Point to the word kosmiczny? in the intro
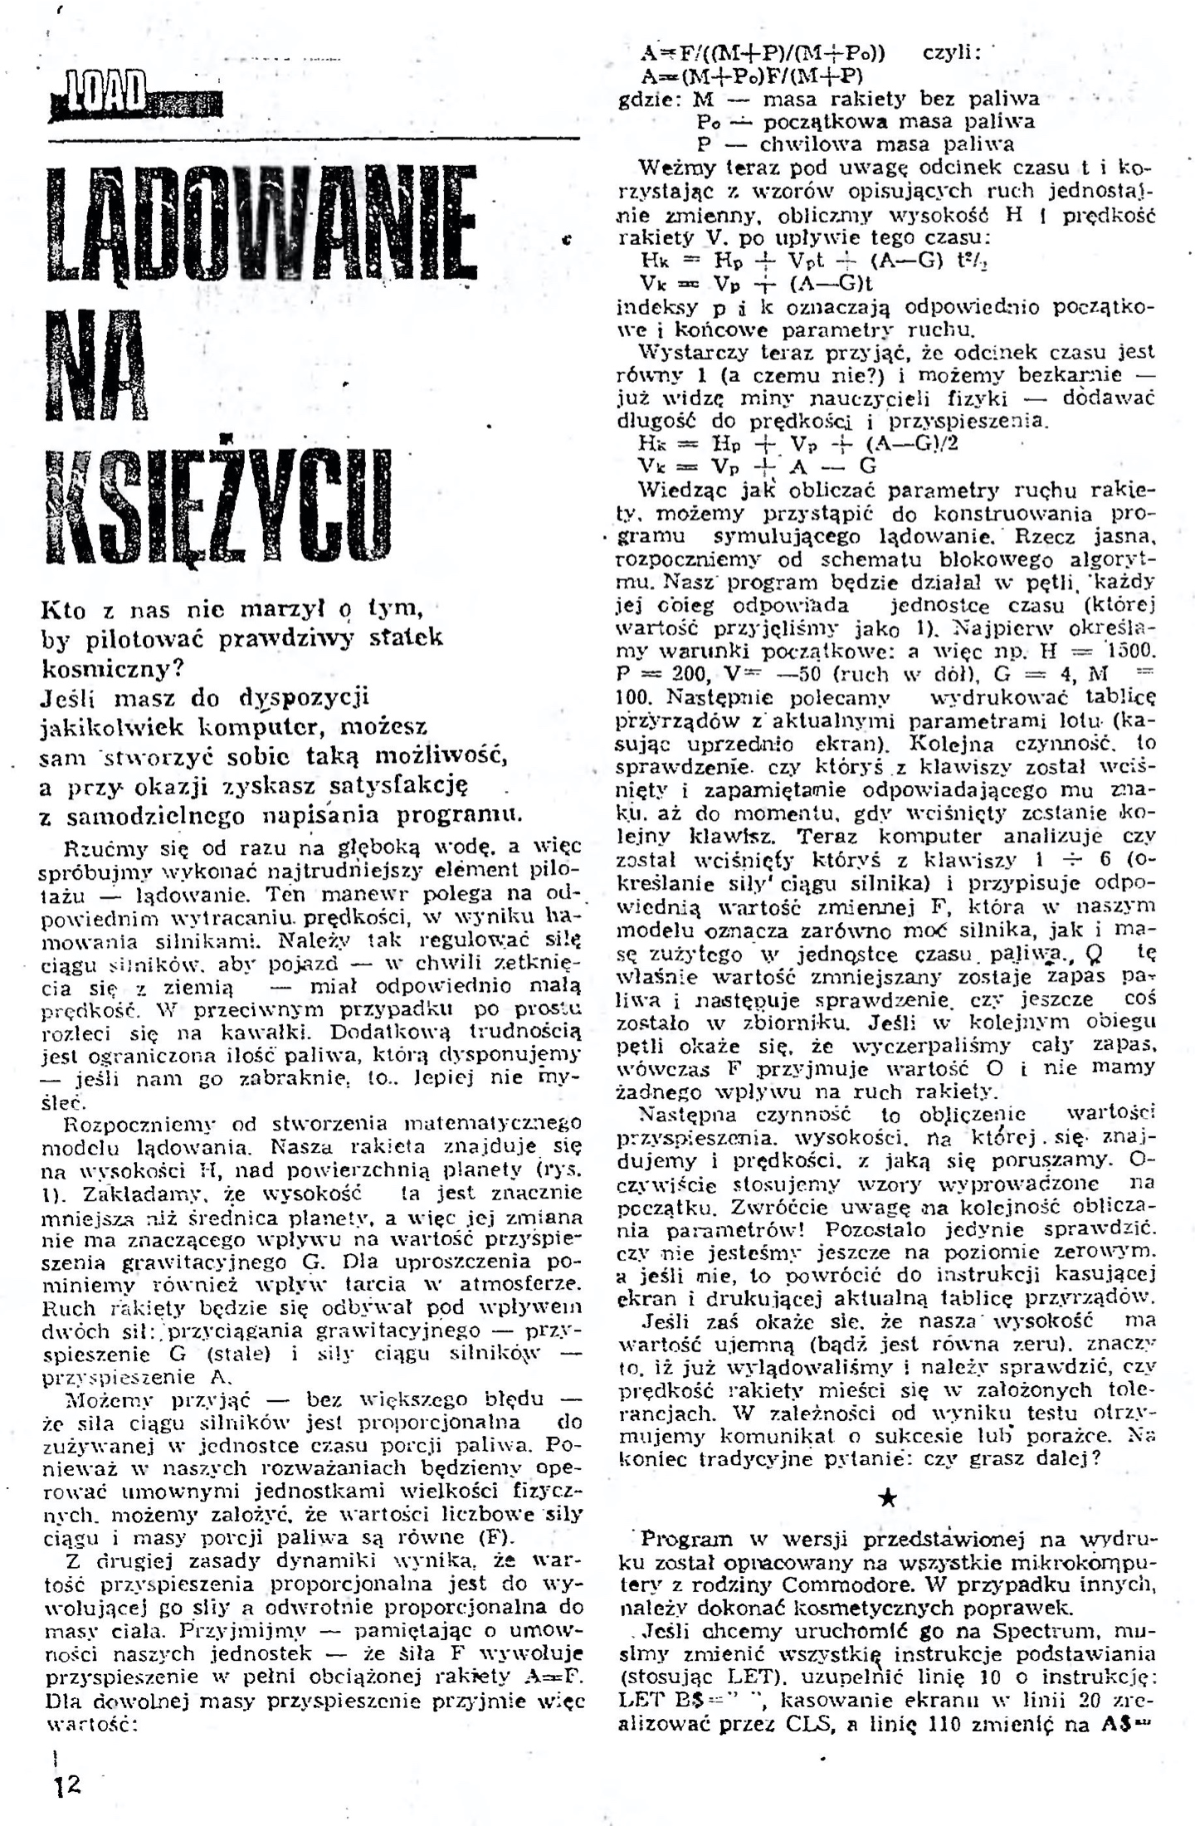coord(112,667)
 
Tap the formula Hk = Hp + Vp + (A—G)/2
coord(798,443)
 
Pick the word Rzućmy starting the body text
coord(98,848)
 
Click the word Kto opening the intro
coord(63,610)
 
